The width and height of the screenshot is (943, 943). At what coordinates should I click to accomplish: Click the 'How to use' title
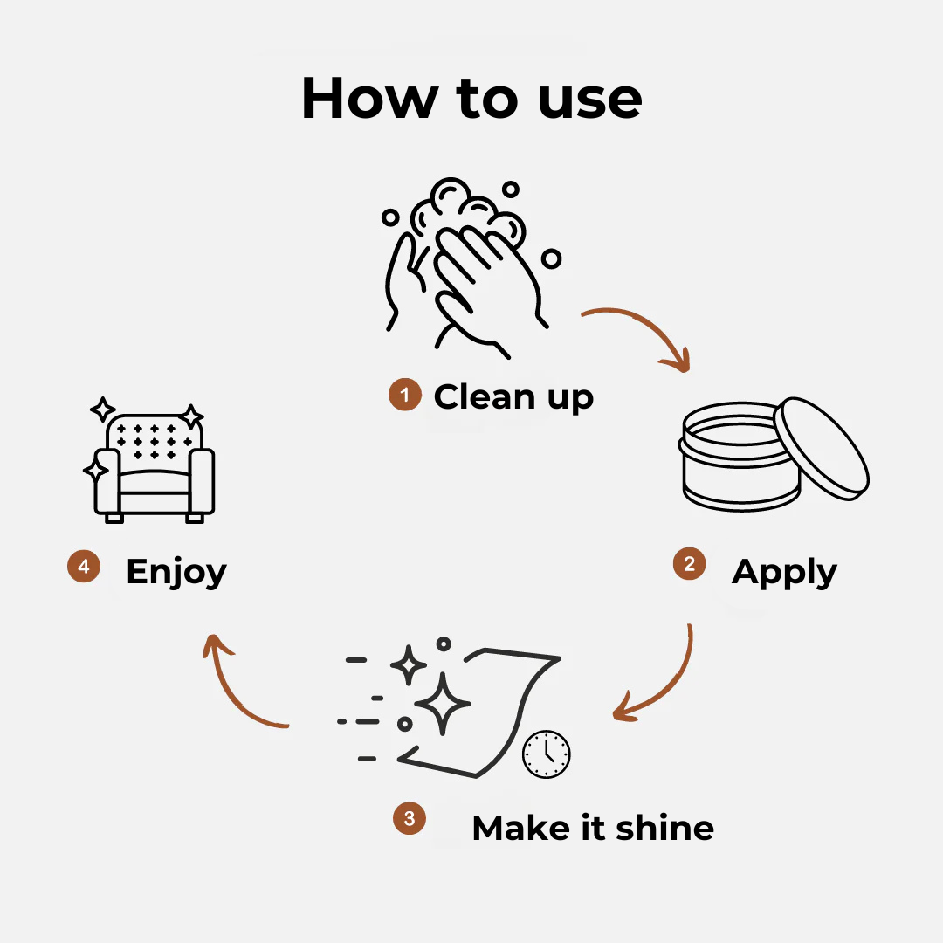click(471, 98)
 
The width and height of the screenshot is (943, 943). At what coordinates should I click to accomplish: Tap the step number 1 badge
click(405, 395)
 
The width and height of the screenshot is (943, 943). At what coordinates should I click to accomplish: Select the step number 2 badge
click(689, 563)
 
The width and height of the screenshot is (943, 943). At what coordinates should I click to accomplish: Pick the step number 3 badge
click(410, 818)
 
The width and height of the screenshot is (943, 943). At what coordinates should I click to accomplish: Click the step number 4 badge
click(84, 566)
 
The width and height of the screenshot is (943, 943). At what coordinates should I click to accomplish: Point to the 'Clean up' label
click(513, 397)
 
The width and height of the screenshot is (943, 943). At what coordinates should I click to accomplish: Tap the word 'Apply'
click(784, 572)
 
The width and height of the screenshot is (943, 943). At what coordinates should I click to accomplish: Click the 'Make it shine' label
click(593, 828)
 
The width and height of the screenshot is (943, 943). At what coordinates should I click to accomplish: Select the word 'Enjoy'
click(176, 572)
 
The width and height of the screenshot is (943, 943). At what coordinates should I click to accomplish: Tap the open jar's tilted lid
click(822, 449)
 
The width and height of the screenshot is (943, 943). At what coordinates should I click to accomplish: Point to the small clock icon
click(546, 754)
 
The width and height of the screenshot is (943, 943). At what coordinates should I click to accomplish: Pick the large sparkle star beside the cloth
click(442, 704)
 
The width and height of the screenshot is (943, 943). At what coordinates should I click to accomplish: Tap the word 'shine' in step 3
click(665, 828)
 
